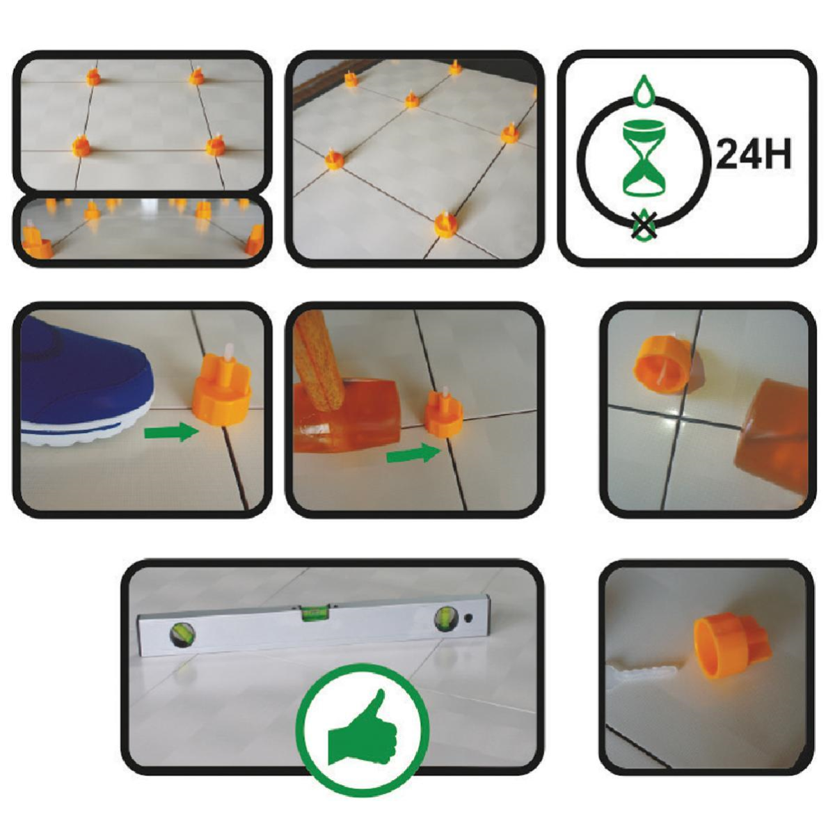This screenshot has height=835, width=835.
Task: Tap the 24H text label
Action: pyautogui.click(x=754, y=154)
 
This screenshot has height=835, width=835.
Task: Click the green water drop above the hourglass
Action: pyautogui.click(x=644, y=90)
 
